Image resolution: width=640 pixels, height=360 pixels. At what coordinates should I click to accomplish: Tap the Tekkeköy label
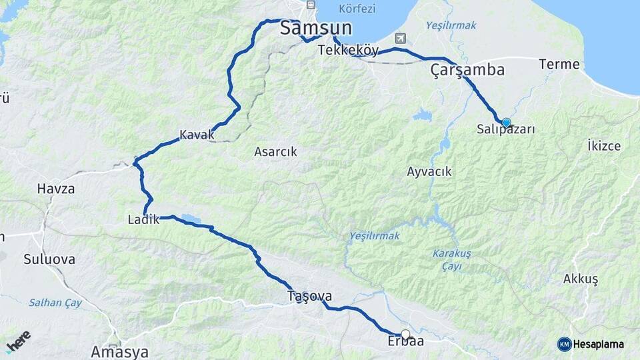point(348,51)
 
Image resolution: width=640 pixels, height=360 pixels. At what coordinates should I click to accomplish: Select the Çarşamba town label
point(467,69)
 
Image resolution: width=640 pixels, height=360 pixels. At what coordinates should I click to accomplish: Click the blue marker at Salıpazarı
point(506,123)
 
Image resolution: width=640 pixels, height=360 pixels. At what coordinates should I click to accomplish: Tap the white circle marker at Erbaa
point(405,334)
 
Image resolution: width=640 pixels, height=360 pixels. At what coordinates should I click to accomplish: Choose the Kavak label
point(197,135)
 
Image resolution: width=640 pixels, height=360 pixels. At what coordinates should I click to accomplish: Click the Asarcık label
point(275,152)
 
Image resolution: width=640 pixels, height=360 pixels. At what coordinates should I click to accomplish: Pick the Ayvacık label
point(429,172)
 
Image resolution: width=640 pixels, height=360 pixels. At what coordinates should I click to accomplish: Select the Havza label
point(56,189)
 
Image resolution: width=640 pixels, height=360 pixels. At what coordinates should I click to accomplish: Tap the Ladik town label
point(143,219)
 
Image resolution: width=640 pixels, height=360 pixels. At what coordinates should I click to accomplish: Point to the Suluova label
point(49,259)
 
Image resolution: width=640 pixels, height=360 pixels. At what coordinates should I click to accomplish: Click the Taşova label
point(309,296)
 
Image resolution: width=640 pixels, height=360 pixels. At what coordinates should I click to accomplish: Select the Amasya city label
point(119,351)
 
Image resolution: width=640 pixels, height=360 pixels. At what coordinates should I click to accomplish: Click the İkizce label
point(603,146)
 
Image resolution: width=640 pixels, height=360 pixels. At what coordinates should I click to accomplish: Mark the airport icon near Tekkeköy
point(399,38)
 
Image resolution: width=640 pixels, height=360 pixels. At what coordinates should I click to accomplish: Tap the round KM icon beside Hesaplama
point(564,344)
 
